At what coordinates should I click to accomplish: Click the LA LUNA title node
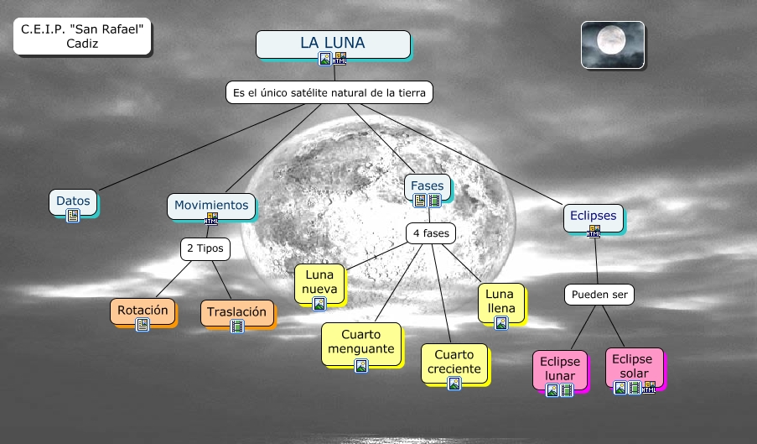pyautogui.click(x=333, y=43)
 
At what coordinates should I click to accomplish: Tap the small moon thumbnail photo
pyautogui.click(x=613, y=44)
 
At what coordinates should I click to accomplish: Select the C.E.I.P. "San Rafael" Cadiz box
pyautogui.click(x=82, y=37)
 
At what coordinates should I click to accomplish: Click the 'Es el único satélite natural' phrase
pyautogui.click(x=329, y=92)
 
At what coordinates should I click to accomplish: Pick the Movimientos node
pyautogui.click(x=211, y=205)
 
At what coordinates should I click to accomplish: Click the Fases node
pyautogui.click(x=428, y=185)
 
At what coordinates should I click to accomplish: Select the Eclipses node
pyautogui.click(x=593, y=216)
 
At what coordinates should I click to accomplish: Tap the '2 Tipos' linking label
pyautogui.click(x=205, y=249)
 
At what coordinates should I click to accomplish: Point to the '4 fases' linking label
pyautogui.click(x=430, y=232)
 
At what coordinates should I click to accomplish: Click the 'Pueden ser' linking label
pyautogui.click(x=599, y=295)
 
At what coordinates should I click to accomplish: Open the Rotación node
pyautogui.click(x=143, y=310)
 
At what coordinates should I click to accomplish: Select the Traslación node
pyautogui.click(x=237, y=312)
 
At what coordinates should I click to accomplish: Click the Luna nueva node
pyautogui.click(x=320, y=283)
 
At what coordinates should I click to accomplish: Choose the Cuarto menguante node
pyautogui.click(x=360, y=341)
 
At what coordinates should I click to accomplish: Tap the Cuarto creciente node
pyautogui.click(x=454, y=362)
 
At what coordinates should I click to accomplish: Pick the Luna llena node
pyautogui.click(x=500, y=302)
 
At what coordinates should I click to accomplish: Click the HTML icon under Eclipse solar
pyautogui.click(x=648, y=388)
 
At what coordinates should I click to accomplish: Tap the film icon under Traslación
pyautogui.click(x=237, y=326)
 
